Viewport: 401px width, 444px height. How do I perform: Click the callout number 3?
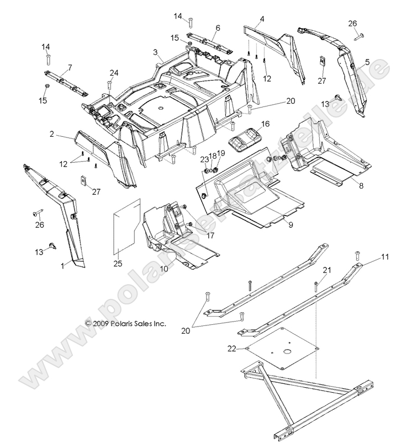tap(156, 53)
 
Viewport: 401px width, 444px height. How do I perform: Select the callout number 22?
tap(232, 348)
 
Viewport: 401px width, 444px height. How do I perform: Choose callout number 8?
tap(361, 186)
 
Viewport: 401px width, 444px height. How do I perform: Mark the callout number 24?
tap(114, 72)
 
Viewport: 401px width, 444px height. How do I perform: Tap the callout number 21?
tap(326, 270)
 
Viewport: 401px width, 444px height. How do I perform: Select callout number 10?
tap(163, 269)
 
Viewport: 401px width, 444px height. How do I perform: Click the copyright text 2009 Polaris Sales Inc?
tap(125, 324)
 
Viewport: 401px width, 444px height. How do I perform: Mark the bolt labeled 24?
tap(110, 84)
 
